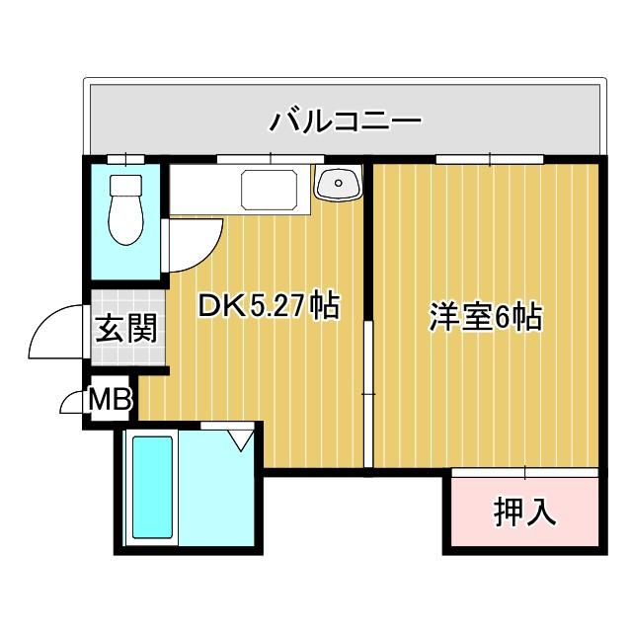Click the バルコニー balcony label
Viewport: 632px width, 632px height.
346,122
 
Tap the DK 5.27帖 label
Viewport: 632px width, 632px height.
269,306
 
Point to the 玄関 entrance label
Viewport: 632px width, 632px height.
126,327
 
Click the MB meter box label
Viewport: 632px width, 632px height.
109,400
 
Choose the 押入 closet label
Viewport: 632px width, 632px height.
524,511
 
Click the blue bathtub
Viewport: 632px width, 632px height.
153,488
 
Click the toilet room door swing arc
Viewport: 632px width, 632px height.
193,247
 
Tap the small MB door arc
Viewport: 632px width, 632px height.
73,401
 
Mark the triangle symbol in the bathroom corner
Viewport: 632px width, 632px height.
239,436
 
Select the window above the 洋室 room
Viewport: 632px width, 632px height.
490,158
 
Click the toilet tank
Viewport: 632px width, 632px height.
125,186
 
